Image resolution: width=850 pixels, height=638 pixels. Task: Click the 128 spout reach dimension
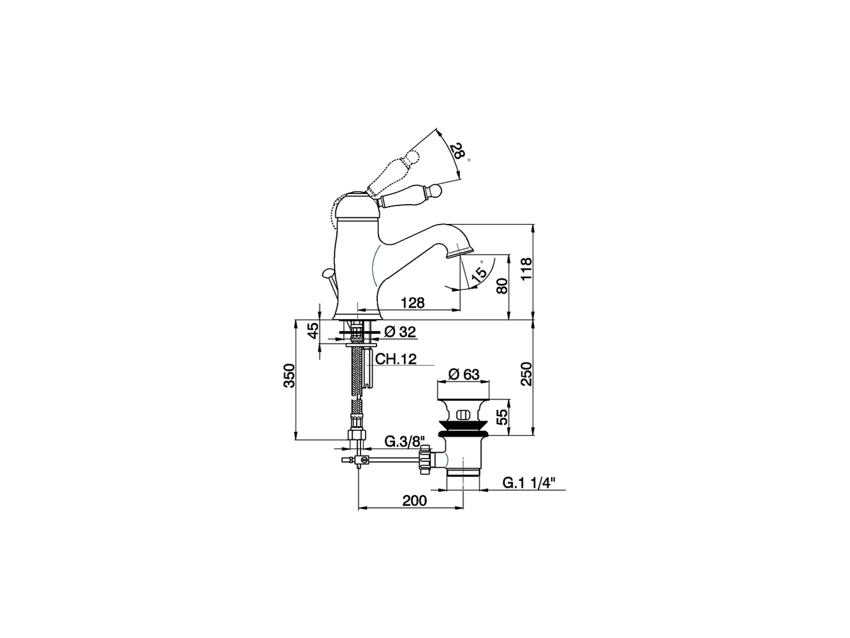pos(412,303)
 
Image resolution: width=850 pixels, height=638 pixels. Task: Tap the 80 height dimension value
pos(502,286)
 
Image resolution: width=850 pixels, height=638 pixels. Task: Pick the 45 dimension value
pos(313,331)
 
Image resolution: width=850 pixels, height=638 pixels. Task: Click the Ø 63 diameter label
pos(463,374)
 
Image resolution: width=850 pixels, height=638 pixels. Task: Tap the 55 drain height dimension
pos(502,417)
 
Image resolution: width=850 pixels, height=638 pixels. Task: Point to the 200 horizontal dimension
pos(414,501)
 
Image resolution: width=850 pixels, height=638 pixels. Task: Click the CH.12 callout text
pos(396,360)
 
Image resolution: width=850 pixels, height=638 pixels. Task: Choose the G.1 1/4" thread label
pos(527,483)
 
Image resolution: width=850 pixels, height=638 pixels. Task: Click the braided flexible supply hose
pos(358,372)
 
